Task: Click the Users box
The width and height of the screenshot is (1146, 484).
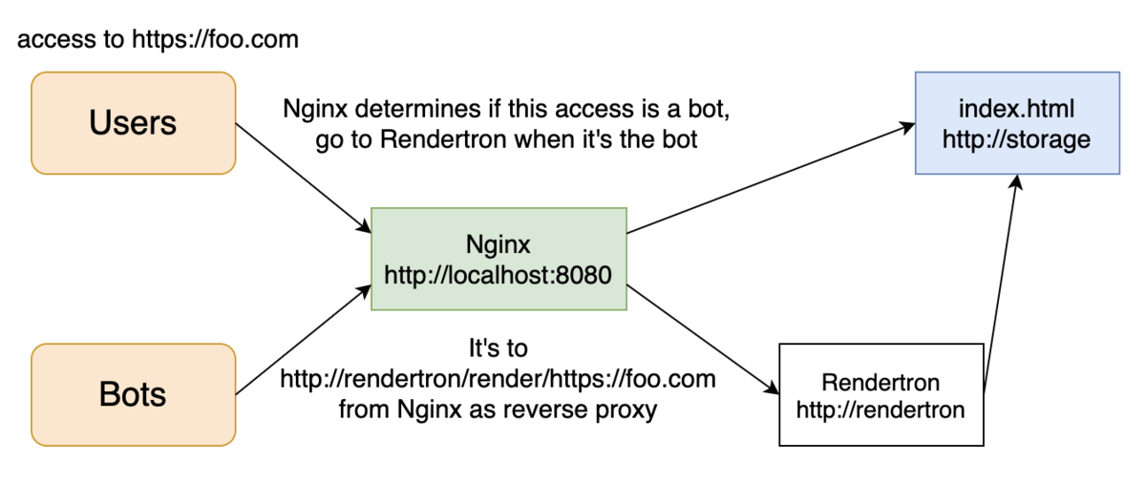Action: click(x=134, y=123)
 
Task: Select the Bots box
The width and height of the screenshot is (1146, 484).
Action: click(x=134, y=395)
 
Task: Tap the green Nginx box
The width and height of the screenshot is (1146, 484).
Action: click(x=499, y=259)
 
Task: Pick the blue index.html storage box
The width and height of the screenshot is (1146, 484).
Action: click(x=1018, y=123)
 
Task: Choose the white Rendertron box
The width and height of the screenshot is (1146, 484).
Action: click(x=881, y=395)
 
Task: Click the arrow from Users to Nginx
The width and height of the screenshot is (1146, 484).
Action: click(x=304, y=179)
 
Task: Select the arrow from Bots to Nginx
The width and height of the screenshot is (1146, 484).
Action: click(x=304, y=340)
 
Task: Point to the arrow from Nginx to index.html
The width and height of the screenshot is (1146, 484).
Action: click(x=771, y=179)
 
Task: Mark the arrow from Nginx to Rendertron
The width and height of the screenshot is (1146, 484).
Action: click(x=703, y=340)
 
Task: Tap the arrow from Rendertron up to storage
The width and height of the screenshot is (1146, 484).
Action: click(x=1001, y=284)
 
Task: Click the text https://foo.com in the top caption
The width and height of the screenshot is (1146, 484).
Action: click(x=216, y=40)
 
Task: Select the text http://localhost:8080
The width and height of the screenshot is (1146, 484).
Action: click(x=498, y=275)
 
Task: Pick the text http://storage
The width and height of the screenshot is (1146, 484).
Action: click(x=1016, y=139)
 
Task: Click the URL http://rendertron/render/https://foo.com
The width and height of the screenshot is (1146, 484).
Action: click(x=498, y=379)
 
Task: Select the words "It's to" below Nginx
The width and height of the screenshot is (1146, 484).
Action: click(x=499, y=348)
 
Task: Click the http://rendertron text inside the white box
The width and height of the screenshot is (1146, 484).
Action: click(x=881, y=410)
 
